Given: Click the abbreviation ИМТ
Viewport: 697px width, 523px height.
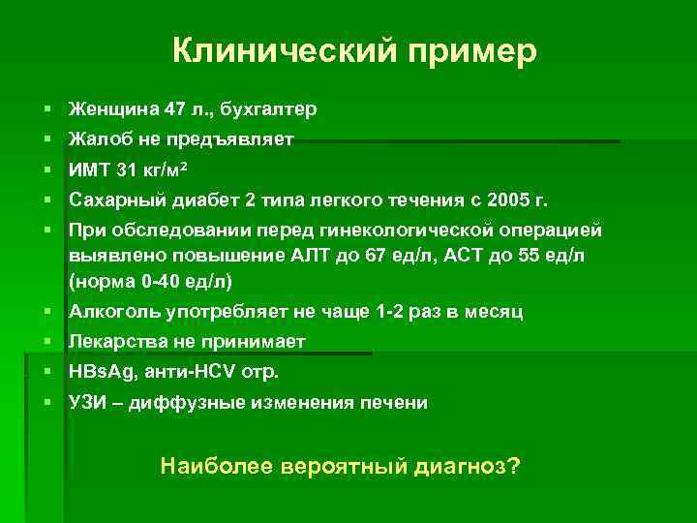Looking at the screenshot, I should pos(88,170).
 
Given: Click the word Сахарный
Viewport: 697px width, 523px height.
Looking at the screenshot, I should pos(112,201).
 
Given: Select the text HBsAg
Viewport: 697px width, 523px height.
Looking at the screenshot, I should pos(97,371).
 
